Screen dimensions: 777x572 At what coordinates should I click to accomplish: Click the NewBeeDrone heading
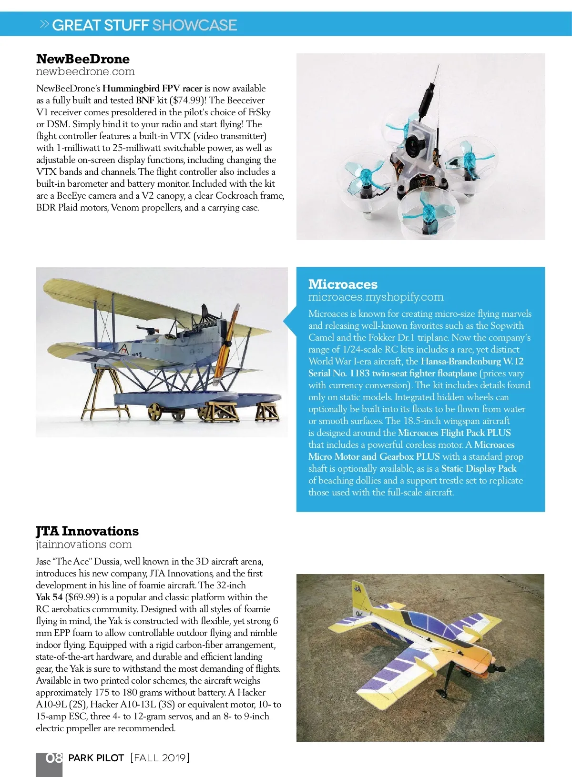[x=82, y=59]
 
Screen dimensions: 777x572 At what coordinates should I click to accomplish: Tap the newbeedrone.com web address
[x=85, y=71]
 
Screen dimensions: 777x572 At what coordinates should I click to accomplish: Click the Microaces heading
[x=343, y=284]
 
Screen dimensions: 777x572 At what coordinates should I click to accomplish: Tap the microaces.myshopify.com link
[x=376, y=297]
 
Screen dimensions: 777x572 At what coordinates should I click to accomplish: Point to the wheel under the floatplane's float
[x=154, y=411]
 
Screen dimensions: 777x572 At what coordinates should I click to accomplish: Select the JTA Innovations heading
[x=87, y=531]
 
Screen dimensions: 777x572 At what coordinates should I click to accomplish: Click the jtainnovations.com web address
[x=84, y=545]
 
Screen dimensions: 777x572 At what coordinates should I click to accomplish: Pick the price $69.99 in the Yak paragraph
[x=82, y=597]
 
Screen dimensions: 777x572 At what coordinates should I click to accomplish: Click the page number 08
[x=54, y=758]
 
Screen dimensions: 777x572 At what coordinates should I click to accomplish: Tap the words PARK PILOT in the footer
[x=96, y=758]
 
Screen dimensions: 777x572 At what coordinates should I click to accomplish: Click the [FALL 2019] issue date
[x=160, y=758]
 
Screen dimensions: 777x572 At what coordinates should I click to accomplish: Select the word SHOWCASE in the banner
[x=194, y=25]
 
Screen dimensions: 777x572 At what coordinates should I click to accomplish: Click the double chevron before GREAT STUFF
[x=44, y=24]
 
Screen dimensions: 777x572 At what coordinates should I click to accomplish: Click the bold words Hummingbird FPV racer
[x=153, y=89]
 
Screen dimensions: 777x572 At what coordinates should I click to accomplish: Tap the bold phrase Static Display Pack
[x=479, y=469]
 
